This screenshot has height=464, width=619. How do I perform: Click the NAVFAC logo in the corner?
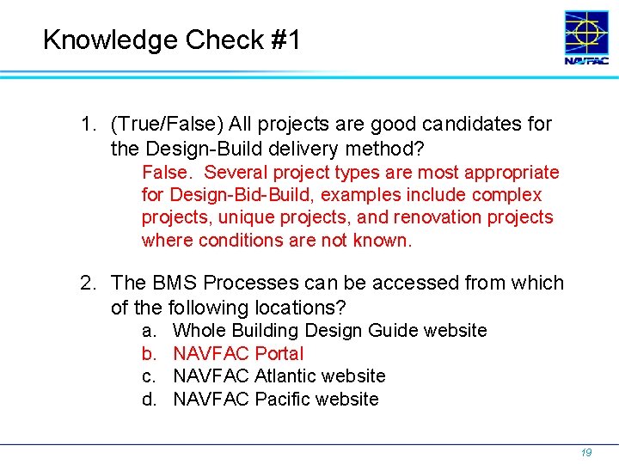(585, 38)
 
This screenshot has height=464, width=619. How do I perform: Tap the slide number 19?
(586, 451)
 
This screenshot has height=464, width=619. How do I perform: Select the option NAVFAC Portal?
(238, 353)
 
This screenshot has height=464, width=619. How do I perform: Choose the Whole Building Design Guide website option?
(329, 331)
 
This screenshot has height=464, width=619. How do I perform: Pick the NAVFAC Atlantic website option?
(279, 375)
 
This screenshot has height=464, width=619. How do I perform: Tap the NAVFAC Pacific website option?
(275, 399)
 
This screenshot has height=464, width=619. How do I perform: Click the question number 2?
(87, 284)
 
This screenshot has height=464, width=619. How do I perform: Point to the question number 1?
(87, 125)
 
